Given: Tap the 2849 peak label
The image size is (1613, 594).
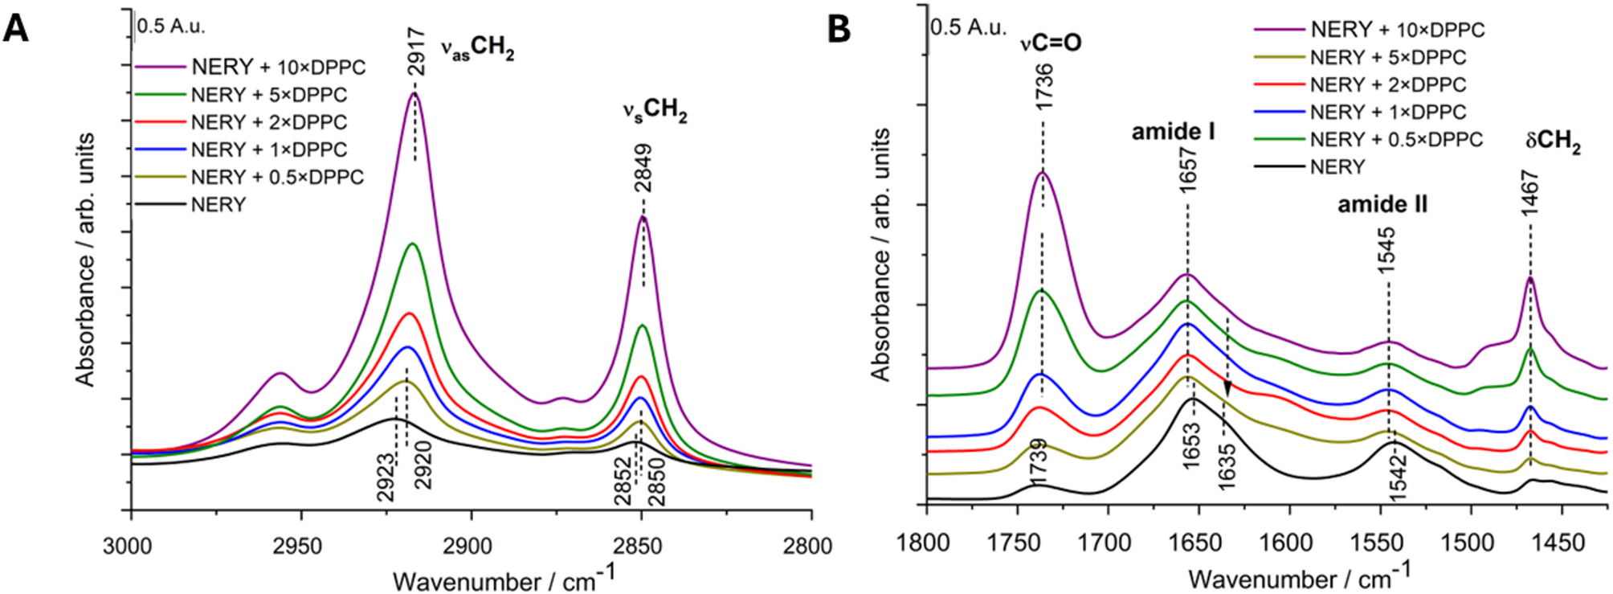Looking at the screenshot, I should (643, 167).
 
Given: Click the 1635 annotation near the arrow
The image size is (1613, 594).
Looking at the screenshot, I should (1226, 465).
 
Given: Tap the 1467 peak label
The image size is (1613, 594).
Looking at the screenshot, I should (1529, 192).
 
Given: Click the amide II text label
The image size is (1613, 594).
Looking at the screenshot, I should (1382, 204).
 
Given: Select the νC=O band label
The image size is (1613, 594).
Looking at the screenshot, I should (1051, 42).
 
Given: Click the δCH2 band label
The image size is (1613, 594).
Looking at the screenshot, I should (1553, 142).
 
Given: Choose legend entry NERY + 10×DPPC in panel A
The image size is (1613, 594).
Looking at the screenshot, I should (278, 68).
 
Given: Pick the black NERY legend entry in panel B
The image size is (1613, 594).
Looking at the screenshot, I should (1337, 167).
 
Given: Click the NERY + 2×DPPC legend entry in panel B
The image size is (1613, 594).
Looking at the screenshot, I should (1387, 84).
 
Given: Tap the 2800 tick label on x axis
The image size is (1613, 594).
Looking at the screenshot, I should (809, 547).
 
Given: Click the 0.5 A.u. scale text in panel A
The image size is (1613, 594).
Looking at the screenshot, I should (171, 26).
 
